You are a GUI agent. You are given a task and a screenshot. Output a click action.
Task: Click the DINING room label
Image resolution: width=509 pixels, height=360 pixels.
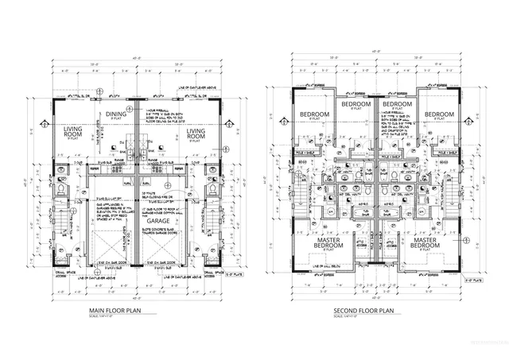pos(117,114)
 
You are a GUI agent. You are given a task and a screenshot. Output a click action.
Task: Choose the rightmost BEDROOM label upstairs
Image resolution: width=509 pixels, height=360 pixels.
pos(438,115)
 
